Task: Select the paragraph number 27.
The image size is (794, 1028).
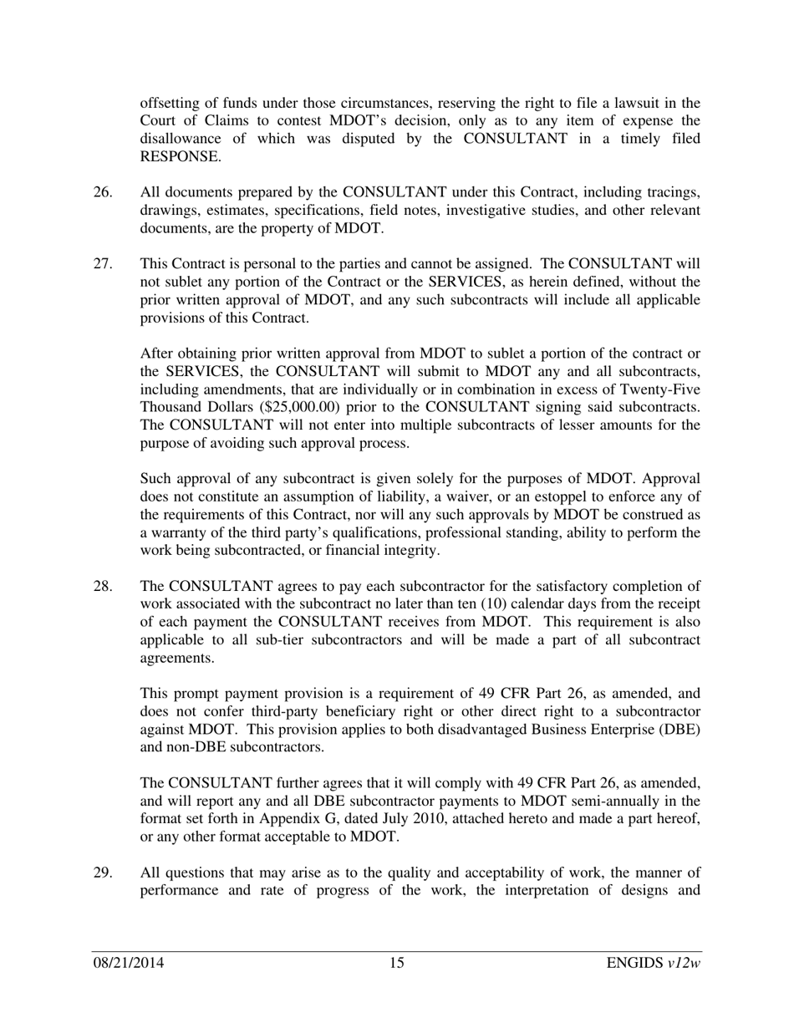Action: point(102,264)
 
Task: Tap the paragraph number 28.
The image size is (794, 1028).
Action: point(102,586)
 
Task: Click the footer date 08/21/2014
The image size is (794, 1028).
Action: point(128,964)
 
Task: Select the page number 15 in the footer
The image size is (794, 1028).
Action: point(396,964)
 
